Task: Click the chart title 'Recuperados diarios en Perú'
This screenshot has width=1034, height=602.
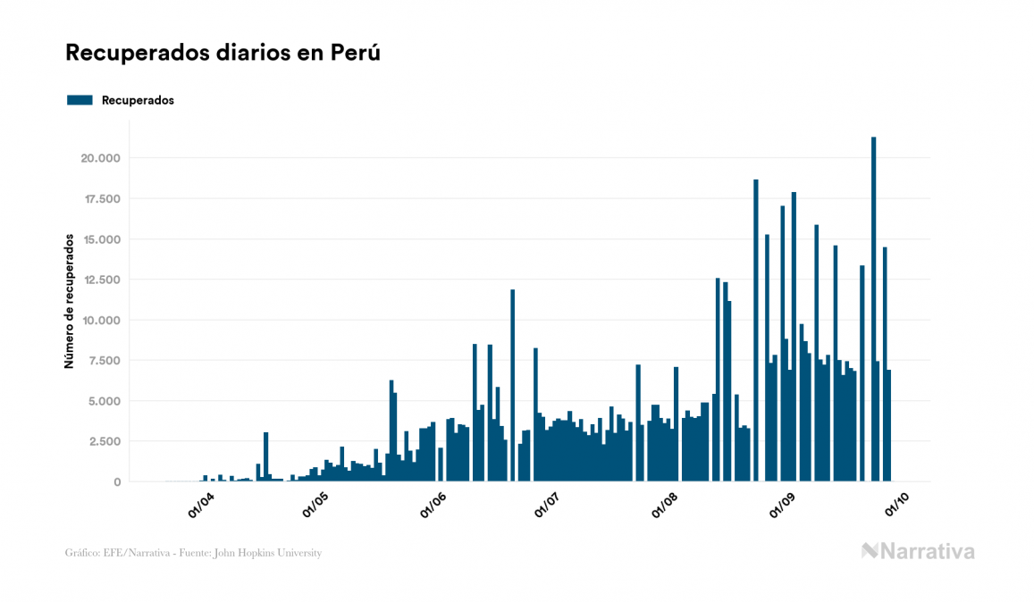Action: (x=223, y=53)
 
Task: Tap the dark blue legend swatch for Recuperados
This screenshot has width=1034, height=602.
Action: (x=80, y=100)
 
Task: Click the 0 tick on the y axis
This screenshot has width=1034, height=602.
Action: (x=118, y=481)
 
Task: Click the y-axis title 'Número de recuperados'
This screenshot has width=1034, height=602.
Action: (x=69, y=301)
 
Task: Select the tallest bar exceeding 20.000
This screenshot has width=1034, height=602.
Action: (x=873, y=309)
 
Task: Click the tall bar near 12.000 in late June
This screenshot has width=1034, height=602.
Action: (x=512, y=385)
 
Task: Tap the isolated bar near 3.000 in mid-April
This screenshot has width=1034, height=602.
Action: (x=265, y=456)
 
